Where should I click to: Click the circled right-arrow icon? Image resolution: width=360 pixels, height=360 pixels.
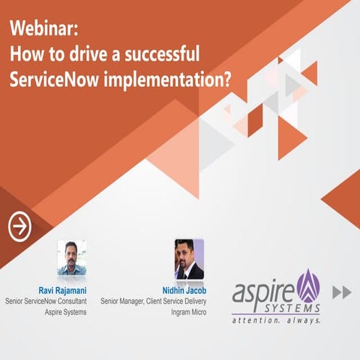(19, 225)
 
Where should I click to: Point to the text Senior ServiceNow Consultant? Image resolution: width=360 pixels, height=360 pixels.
(46, 301)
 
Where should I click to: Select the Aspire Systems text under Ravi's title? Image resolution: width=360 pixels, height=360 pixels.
(65, 313)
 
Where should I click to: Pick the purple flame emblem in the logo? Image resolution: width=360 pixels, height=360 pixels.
(308, 284)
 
